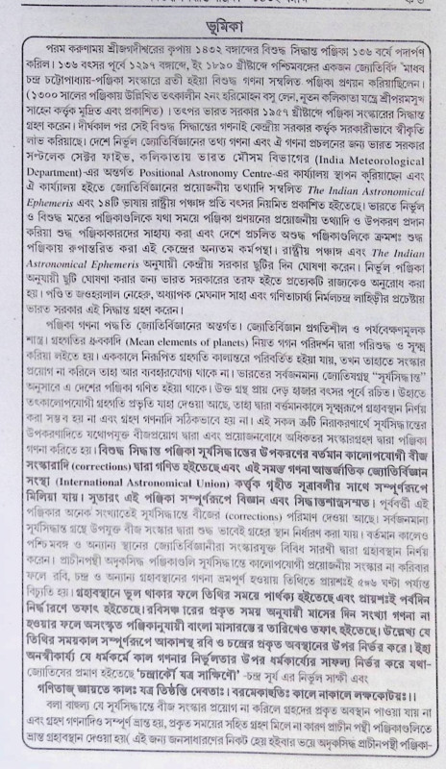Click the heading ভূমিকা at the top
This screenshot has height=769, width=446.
[223, 22]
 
